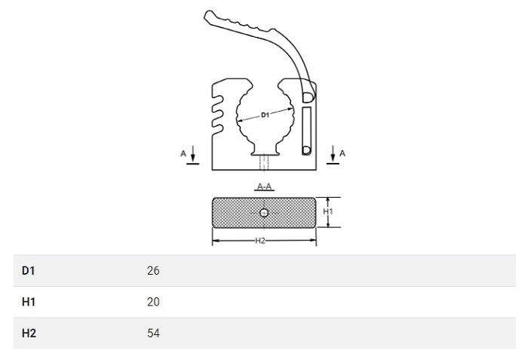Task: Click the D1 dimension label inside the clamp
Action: point(265,115)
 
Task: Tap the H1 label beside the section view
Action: point(328,211)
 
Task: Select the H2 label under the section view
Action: point(260,240)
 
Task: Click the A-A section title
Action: point(264,186)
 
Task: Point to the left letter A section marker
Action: point(183,154)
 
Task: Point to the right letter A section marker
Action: point(342,153)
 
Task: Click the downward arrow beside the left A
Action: point(193,154)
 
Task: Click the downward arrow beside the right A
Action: point(333,153)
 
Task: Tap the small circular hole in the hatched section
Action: point(264,213)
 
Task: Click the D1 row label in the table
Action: point(29,270)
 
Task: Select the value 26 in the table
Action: point(153,270)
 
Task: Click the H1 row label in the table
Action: point(29,302)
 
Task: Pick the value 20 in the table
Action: point(153,302)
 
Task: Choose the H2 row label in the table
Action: point(29,333)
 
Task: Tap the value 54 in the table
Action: point(153,333)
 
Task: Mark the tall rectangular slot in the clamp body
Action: point(306,131)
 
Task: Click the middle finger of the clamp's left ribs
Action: point(217,114)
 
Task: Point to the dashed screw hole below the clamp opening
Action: point(264,162)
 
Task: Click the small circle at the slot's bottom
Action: point(306,150)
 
